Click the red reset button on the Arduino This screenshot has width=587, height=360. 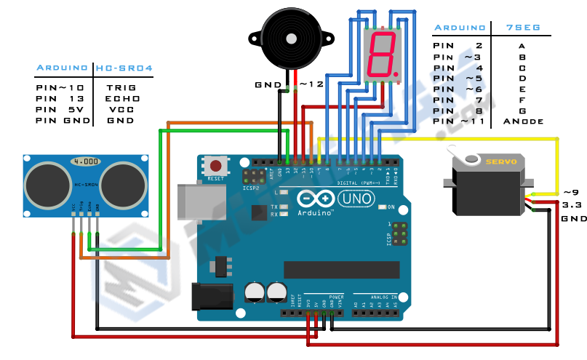tap(215, 165)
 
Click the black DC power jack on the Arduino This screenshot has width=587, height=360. tap(213, 297)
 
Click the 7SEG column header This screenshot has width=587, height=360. tap(522, 28)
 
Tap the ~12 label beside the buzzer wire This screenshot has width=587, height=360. tap(311, 84)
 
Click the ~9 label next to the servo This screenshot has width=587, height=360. tap(571, 192)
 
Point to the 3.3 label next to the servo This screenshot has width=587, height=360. tap(570, 205)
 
